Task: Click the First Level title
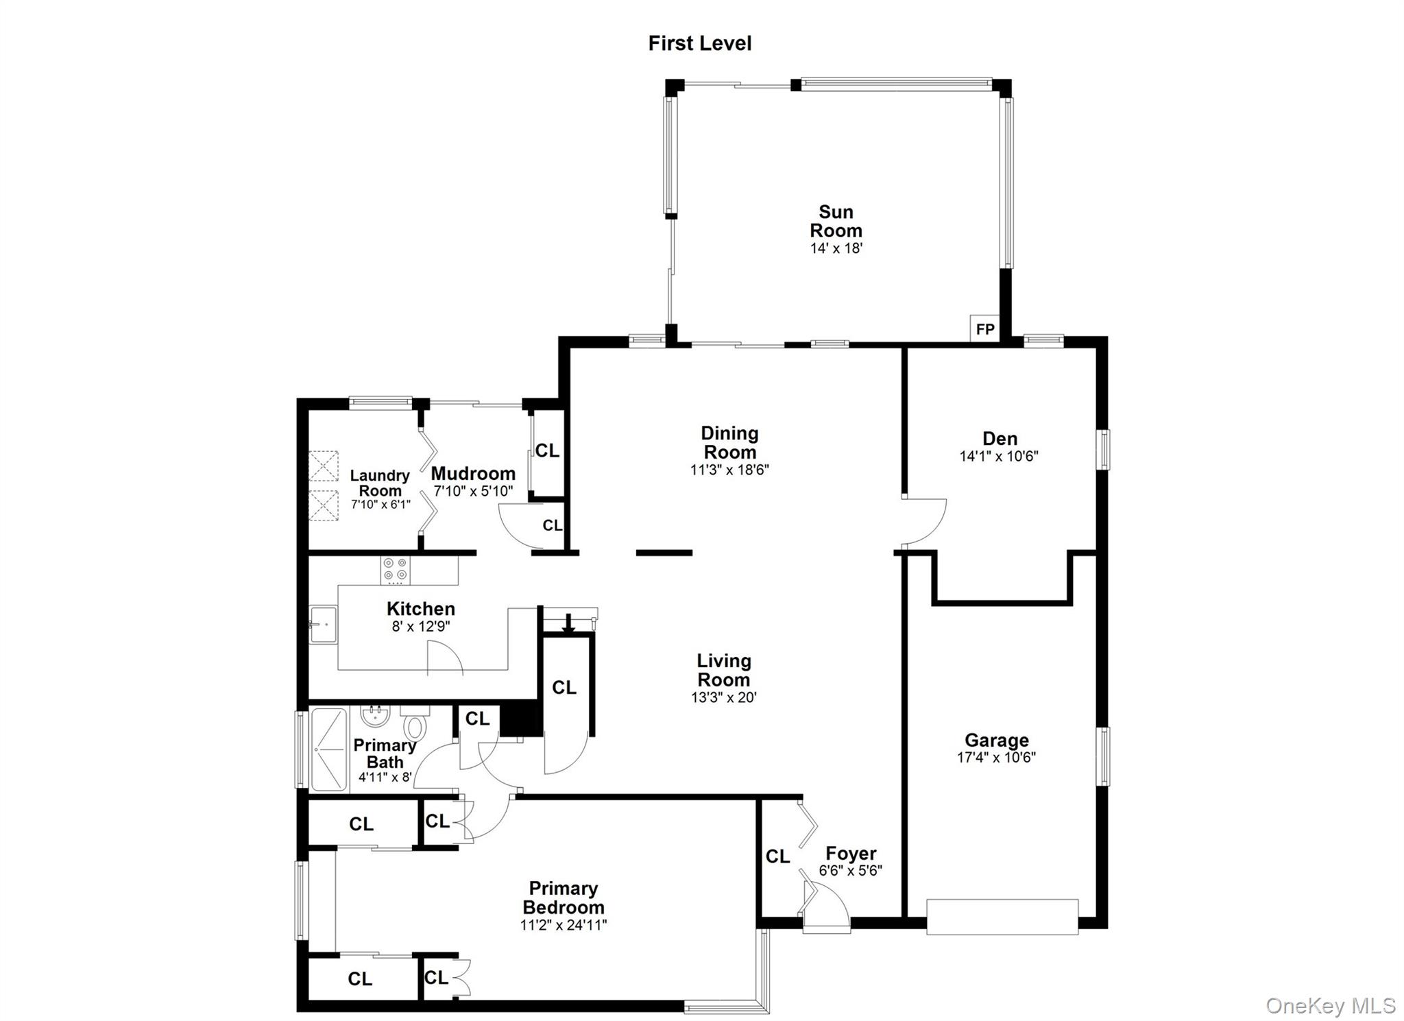699,43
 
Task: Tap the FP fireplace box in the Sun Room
984,328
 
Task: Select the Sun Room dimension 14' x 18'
836,248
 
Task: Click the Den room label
1000,438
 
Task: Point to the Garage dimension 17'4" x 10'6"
996,758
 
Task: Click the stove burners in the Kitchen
396,570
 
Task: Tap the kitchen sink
323,624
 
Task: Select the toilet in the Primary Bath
414,725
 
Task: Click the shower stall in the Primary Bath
329,749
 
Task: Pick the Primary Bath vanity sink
375,717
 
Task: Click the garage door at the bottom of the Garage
1002,916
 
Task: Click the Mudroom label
473,474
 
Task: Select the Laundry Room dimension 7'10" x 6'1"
380,505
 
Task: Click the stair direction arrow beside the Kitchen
568,623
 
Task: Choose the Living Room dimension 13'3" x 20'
724,698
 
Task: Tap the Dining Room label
729,442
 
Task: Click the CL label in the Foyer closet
777,856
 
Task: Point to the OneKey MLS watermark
1330,1005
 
